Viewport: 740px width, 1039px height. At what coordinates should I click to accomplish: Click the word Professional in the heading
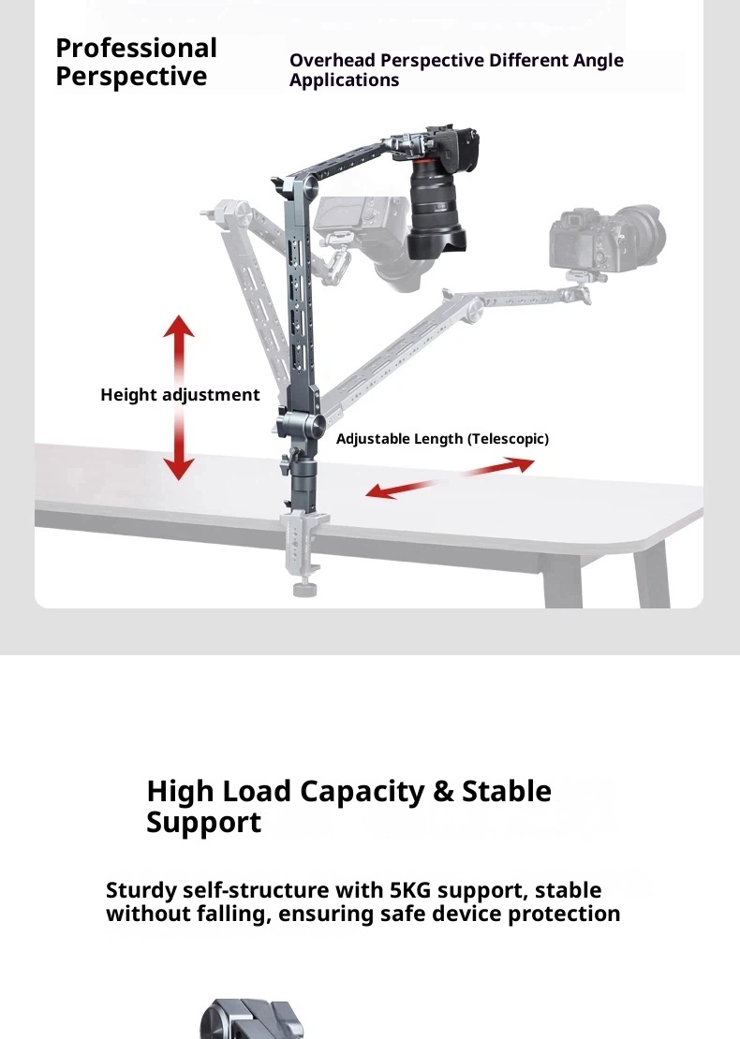tap(136, 49)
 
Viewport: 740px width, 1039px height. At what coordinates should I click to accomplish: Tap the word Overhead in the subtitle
tap(333, 60)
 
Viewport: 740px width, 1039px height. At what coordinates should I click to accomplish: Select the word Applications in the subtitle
tap(344, 80)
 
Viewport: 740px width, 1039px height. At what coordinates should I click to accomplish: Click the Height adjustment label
tap(180, 395)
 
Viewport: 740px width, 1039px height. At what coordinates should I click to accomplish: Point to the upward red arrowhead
tap(179, 326)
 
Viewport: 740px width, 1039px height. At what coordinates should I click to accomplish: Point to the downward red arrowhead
tap(179, 468)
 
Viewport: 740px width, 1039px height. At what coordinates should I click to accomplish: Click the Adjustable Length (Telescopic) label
tap(442, 439)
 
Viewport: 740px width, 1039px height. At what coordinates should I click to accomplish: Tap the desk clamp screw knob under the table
tap(304, 589)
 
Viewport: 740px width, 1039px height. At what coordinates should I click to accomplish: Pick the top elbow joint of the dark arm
tap(302, 186)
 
